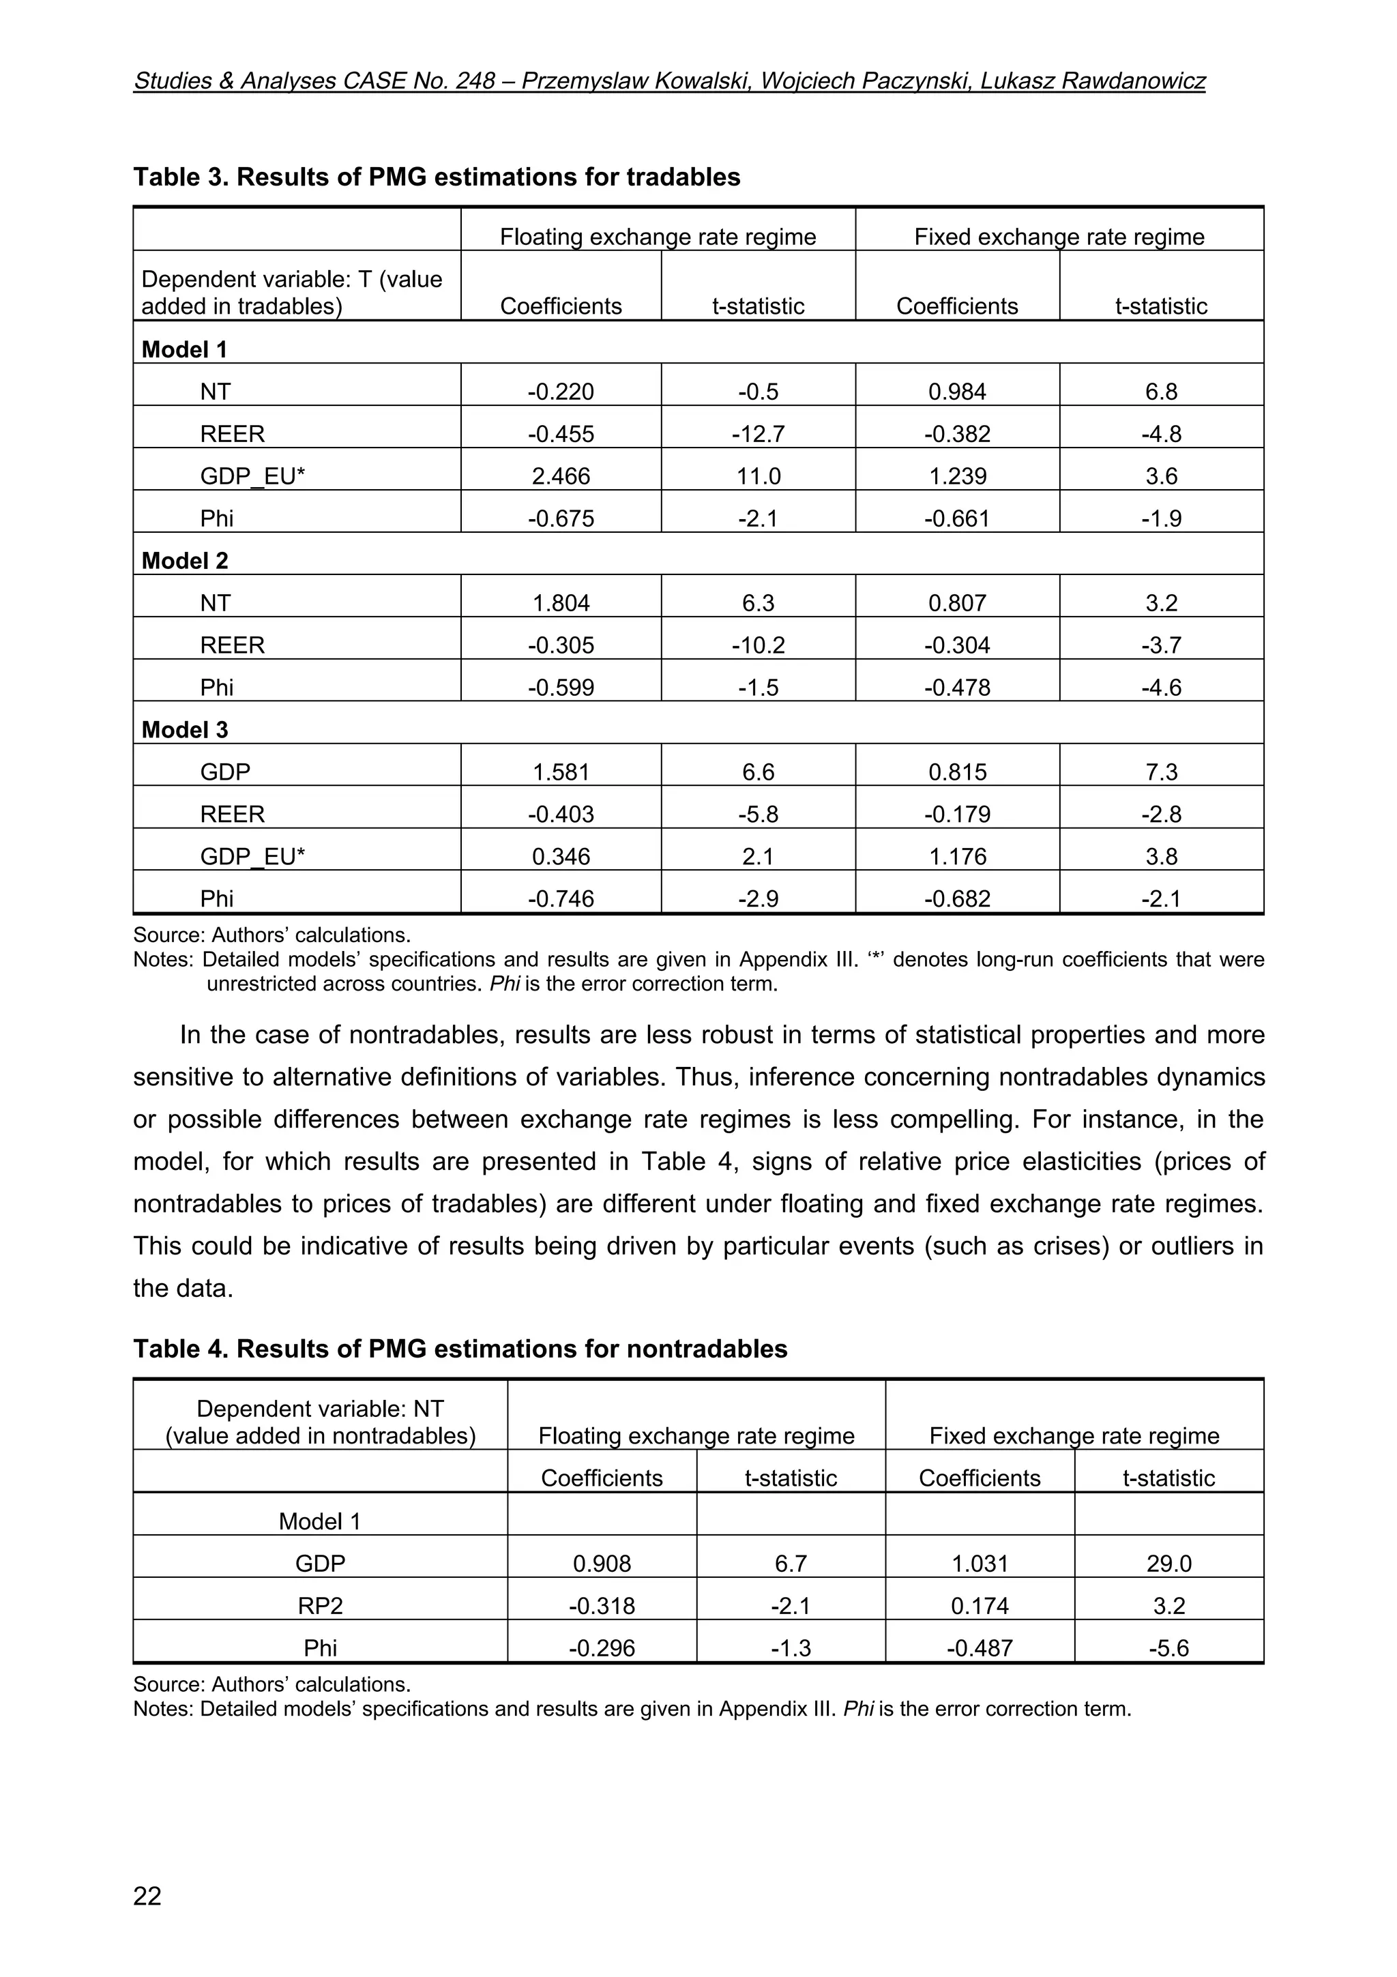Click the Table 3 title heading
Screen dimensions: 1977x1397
(x=437, y=177)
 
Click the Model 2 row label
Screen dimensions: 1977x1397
(x=185, y=561)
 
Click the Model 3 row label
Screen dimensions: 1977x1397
(x=185, y=730)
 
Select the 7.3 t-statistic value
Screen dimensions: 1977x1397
(x=1160, y=772)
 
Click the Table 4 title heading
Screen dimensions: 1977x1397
(x=460, y=1349)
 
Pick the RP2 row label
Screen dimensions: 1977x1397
(x=319, y=1607)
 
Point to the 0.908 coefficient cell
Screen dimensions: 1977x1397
(x=602, y=1564)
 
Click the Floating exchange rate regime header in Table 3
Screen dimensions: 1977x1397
(x=658, y=237)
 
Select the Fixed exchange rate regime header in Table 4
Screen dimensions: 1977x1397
(x=1074, y=1436)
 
